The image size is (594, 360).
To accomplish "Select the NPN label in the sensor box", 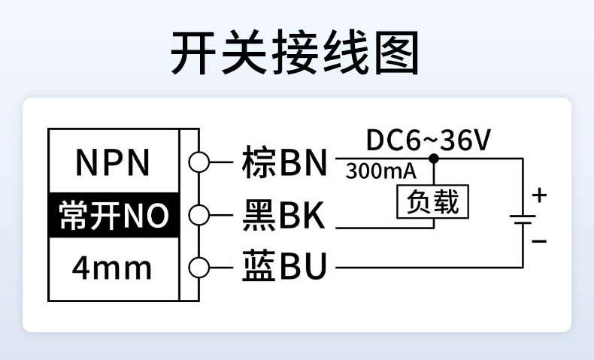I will tap(114, 162).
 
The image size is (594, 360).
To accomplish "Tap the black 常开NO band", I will tap(114, 216).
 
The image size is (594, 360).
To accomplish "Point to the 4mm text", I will tap(112, 268).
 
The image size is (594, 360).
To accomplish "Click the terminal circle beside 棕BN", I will tap(197, 162).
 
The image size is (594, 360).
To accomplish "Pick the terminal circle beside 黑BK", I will tap(197, 216).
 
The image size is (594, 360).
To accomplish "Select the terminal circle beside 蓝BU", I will tap(197, 268).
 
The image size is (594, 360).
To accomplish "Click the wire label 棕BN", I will tap(284, 162).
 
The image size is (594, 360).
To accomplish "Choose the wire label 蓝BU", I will tap(284, 268).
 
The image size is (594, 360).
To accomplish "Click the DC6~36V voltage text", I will tap(429, 140).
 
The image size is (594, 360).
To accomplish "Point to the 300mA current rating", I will tap(380, 171).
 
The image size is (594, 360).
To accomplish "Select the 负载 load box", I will tap(432, 201).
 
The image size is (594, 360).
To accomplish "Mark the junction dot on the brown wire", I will tap(433, 159).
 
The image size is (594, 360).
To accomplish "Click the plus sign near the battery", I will tap(539, 196).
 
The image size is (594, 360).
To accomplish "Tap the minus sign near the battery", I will tap(539, 241).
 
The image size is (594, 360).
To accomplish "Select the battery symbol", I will tap(522, 219).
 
